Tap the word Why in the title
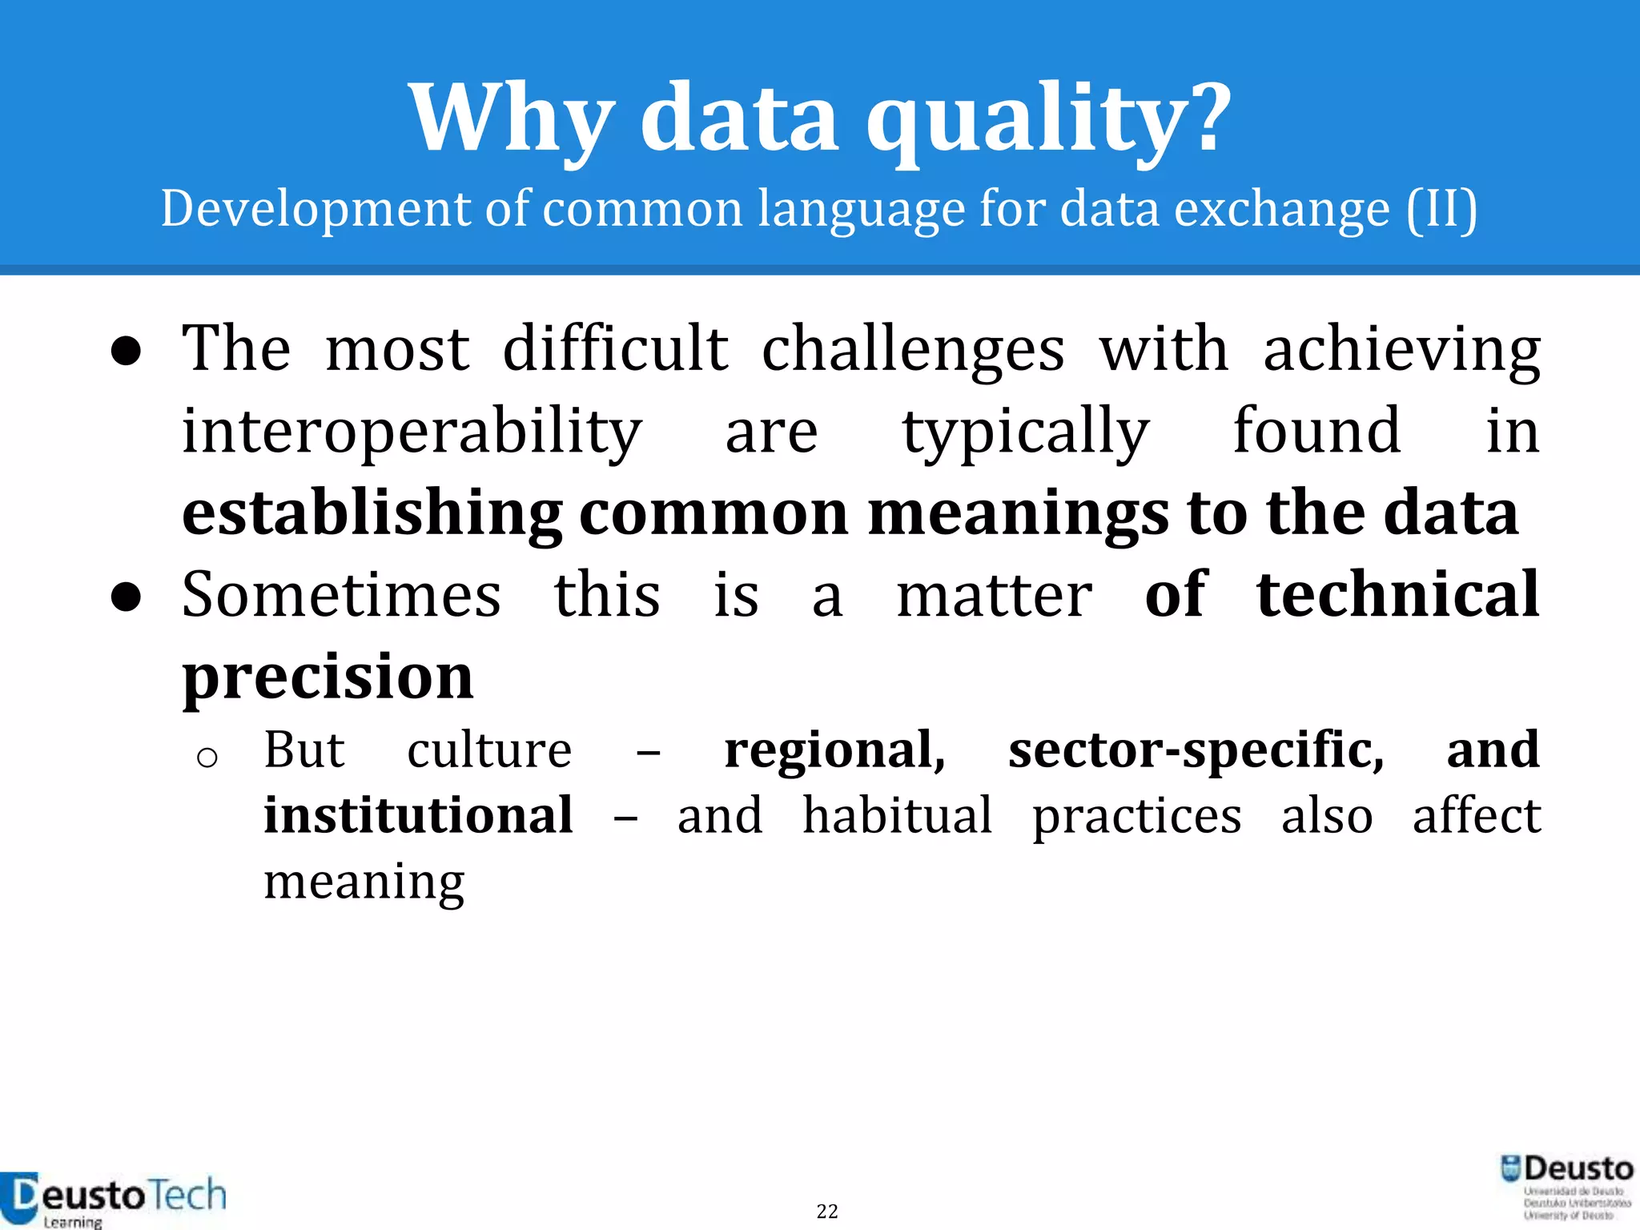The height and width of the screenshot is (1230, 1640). [x=512, y=120]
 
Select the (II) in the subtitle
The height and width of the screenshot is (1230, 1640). [x=1441, y=210]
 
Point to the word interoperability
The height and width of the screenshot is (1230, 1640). [x=412, y=432]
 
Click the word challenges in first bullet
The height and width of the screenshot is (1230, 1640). [x=913, y=350]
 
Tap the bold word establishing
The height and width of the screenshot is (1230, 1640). [x=372, y=514]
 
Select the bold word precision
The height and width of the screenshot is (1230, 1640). [x=328, y=677]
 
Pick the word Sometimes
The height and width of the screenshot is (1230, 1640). [x=341, y=596]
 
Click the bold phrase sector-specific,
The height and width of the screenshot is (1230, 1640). [x=1196, y=750]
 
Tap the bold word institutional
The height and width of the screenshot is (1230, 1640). [x=418, y=816]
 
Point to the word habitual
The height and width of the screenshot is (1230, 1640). [x=897, y=816]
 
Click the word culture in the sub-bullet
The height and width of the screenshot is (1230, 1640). [x=489, y=750]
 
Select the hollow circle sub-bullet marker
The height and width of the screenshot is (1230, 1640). [x=207, y=757]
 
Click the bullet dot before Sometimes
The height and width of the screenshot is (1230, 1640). [x=127, y=597]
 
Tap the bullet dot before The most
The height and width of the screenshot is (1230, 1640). [x=127, y=352]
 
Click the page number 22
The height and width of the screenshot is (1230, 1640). [x=827, y=1211]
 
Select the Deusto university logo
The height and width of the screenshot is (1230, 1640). [x=1566, y=1187]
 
